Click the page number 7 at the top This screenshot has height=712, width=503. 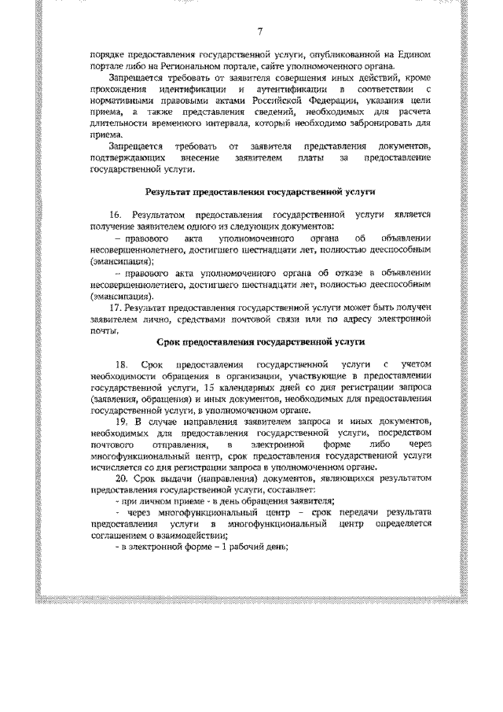tap(260, 31)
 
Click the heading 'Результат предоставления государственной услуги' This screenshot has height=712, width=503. tap(261, 192)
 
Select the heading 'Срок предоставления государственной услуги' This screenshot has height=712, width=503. tap(261, 342)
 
